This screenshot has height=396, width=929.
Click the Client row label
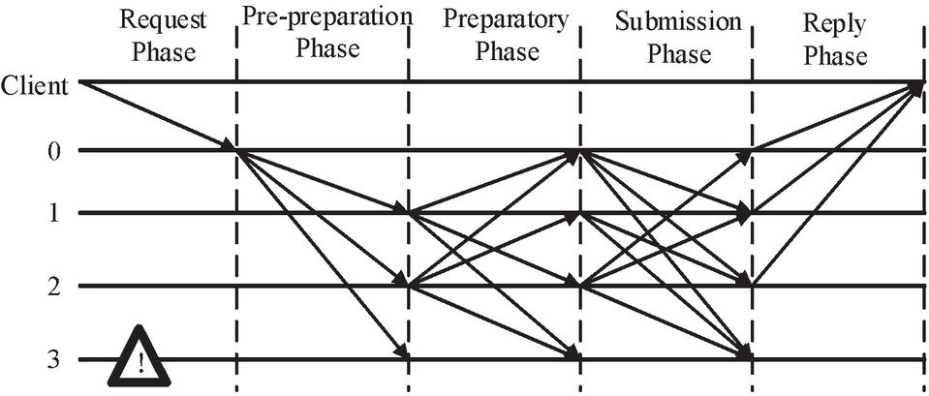[34, 86]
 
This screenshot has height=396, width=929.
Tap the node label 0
[55, 151]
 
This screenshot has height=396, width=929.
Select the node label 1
[55, 213]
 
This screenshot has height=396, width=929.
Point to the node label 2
[55, 286]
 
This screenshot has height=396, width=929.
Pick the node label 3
[55, 359]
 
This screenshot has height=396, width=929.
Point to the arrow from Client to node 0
[155, 115]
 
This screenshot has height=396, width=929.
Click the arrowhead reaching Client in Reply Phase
[916, 87]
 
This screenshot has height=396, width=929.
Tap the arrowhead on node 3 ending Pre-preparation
[401, 353]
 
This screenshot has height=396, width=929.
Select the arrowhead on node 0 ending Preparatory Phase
[573, 153]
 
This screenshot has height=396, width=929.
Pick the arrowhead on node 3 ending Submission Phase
[745, 354]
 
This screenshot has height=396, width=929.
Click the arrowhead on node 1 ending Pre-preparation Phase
[401, 210]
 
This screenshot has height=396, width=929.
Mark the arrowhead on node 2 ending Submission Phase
[745, 282]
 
